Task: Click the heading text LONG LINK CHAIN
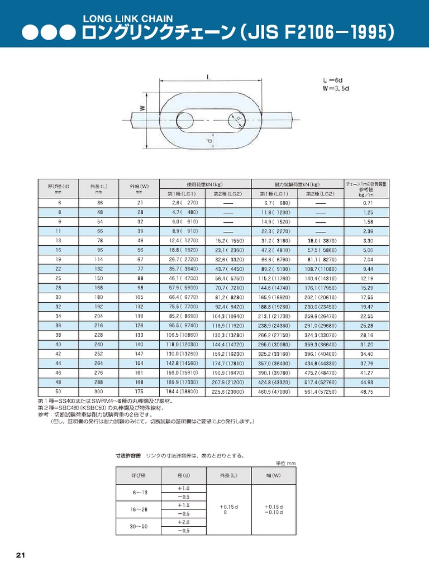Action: coord(127,19)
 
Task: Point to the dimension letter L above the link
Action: coord(208,78)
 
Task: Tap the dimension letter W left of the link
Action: coord(142,109)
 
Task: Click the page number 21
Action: coord(21,555)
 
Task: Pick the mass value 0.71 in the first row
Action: coord(367,203)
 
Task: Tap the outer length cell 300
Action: coord(99,392)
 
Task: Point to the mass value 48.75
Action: coord(367,392)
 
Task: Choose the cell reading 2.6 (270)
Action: coord(183,203)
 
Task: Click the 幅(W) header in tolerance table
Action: coord(274,475)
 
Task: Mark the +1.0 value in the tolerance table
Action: coord(184,488)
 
